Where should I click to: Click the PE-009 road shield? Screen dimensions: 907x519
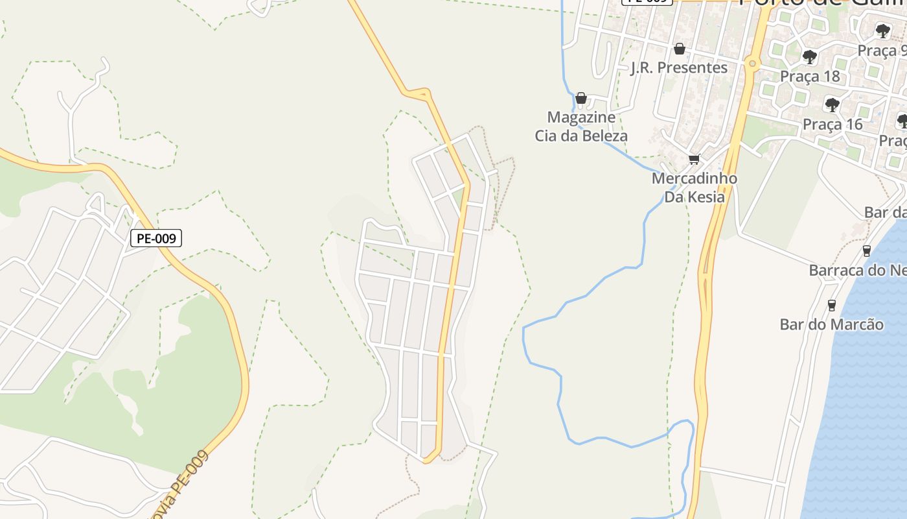[156, 238]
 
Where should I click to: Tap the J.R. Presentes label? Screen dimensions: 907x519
[679, 67]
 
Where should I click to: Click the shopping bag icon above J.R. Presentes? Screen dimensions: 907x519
[679, 49]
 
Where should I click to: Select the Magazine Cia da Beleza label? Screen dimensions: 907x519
[581, 127]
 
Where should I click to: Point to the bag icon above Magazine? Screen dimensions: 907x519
[581, 98]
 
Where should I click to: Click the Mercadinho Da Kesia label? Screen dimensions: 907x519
[695, 187]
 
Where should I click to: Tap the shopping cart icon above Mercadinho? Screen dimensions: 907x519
[695, 159]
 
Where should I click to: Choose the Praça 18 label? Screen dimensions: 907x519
[809, 76]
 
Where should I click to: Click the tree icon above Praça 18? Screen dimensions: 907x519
[809, 57]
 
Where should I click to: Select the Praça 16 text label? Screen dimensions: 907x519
[832, 124]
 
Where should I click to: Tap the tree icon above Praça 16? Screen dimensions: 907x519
[832, 104]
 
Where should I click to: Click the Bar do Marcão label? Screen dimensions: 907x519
[832, 324]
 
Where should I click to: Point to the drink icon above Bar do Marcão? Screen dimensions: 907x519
[832, 305]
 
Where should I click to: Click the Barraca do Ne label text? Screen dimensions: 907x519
[857, 270]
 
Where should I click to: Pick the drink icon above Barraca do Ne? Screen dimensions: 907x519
[866, 251]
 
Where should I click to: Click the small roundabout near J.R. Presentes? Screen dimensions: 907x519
[752, 64]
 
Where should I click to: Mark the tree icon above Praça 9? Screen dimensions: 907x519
[882, 30]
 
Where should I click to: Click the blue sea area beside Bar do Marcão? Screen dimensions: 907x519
[868, 389]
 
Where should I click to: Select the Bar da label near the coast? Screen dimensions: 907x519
[885, 213]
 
